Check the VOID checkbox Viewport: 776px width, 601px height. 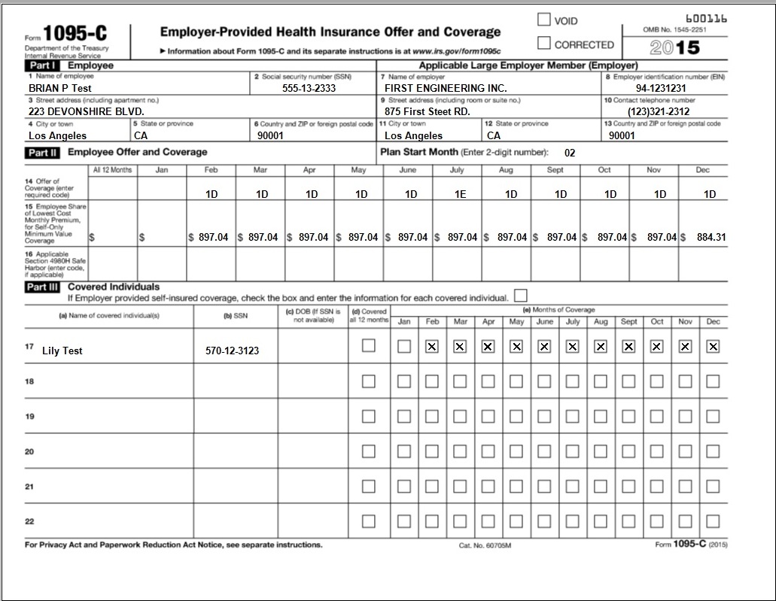coord(544,20)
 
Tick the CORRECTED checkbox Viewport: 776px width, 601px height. coord(544,44)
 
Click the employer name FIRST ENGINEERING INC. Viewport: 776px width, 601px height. coord(446,88)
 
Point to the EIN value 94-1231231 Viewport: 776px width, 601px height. coord(661,88)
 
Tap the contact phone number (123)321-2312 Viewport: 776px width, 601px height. coord(659,112)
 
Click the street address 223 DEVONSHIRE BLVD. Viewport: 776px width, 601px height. coord(76,112)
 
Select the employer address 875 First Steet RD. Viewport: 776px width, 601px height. coord(428,112)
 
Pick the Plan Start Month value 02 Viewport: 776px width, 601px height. coord(570,153)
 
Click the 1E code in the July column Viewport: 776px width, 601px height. coord(460,194)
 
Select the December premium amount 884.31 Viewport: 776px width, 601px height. coord(711,237)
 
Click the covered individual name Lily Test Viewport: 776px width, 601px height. coord(62,351)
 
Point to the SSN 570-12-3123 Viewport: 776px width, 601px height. coord(232,351)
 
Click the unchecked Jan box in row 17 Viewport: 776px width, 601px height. coord(404,346)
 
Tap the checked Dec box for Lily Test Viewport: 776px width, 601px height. coord(713,346)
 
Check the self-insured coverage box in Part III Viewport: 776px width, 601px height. coord(520,295)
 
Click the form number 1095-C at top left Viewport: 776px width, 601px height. coord(75,34)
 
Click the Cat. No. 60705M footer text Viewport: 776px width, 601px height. coord(485,545)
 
